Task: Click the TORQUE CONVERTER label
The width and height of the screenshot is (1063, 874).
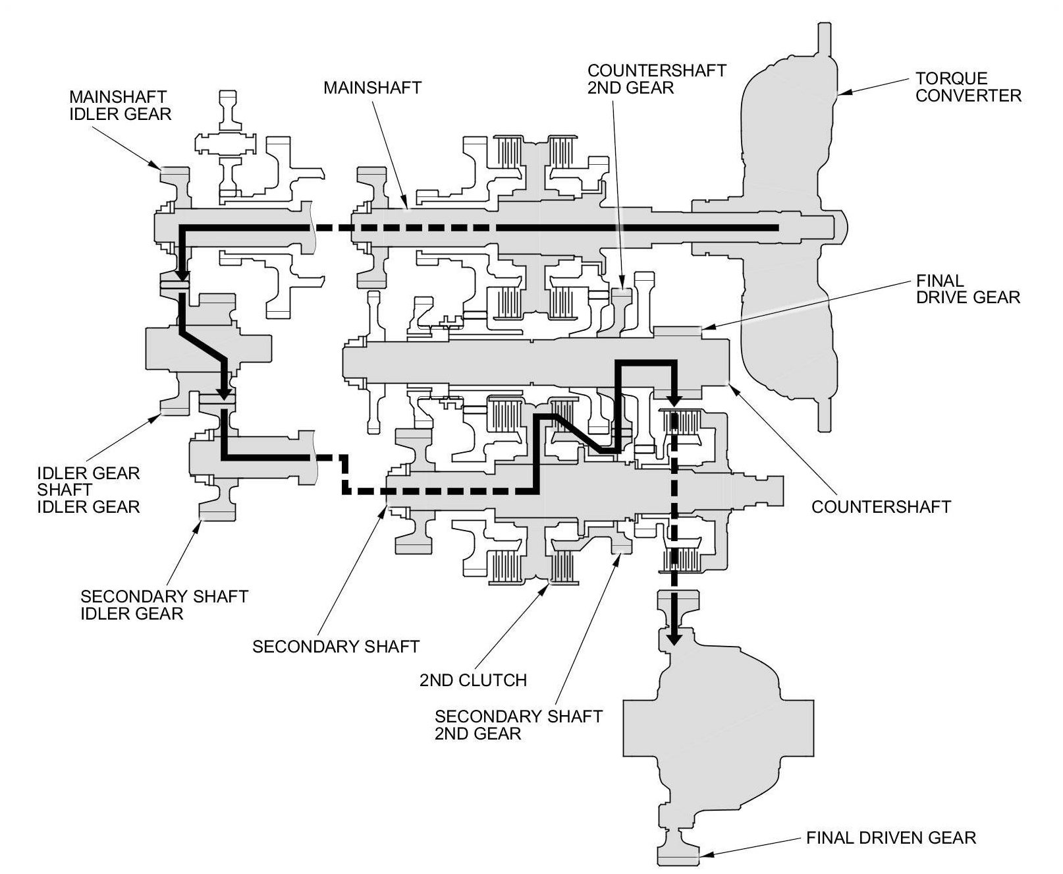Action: pos(968,87)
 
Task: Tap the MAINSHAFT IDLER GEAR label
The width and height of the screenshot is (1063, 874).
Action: pos(120,105)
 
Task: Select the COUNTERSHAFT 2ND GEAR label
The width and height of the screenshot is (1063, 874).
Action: pos(657,79)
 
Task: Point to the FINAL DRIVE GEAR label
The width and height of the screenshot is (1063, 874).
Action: pos(968,289)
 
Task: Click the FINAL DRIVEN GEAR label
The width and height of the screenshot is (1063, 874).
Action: pos(890,838)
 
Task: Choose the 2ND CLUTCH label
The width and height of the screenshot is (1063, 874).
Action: pos(473,680)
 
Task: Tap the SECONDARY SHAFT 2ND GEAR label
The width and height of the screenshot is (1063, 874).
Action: pos(518,724)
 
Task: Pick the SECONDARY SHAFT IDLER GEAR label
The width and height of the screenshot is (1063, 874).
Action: pos(164,605)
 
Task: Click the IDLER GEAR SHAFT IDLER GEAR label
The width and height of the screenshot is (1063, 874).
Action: pos(88,490)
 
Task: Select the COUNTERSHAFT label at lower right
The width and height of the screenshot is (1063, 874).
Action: pos(881,506)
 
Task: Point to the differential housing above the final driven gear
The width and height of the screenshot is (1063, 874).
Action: pos(718,725)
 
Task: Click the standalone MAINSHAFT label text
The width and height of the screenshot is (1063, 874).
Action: pos(372,88)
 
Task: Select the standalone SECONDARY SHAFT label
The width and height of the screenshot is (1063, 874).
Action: pos(336,646)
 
